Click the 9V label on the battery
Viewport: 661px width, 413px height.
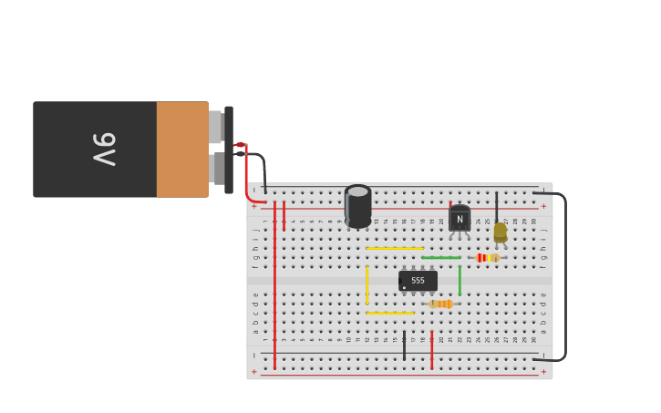pyautogui.click(x=104, y=150)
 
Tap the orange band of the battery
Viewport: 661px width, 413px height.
pyautogui.click(x=182, y=150)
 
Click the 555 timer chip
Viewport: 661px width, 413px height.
pyautogui.click(x=418, y=281)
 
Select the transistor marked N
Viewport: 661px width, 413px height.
pyautogui.click(x=460, y=219)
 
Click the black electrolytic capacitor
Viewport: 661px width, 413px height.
pyautogui.click(x=358, y=206)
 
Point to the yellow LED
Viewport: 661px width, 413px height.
pyautogui.click(x=501, y=232)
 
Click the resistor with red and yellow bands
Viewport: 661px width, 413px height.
pyautogui.click(x=488, y=258)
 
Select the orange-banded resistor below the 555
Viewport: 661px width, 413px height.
pyautogui.click(x=441, y=304)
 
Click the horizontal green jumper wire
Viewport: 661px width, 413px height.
pyautogui.click(x=441, y=258)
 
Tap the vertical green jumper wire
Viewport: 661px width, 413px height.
pyautogui.click(x=460, y=281)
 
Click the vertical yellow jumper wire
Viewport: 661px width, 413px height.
pyautogui.click(x=367, y=284)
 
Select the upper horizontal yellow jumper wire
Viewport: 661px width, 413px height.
pyautogui.click(x=395, y=248)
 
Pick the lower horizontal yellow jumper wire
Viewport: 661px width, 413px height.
pyautogui.click(x=390, y=313)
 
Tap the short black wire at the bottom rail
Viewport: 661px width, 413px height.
pyautogui.click(x=404, y=346)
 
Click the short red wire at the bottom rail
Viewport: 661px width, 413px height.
pyautogui.click(x=431, y=349)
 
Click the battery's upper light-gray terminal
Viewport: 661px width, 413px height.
pyautogui.click(x=216, y=127)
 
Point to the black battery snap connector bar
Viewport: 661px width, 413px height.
pyautogui.click(x=229, y=150)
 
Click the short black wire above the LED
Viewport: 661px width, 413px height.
pyautogui.click(x=497, y=205)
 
